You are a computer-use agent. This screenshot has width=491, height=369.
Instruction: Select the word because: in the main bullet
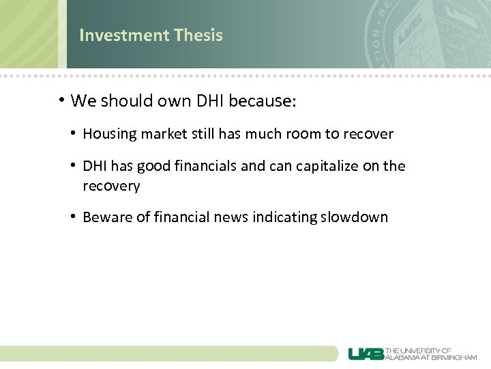(x=263, y=102)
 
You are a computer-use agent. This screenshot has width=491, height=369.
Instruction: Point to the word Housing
(x=109, y=135)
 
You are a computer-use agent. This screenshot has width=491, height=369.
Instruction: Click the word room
(x=302, y=135)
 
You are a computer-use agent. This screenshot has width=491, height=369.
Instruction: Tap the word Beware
(x=106, y=218)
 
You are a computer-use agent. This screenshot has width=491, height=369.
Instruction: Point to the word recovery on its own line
(x=111, y=186)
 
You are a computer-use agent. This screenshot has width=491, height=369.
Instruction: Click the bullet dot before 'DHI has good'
(x=73, y=166)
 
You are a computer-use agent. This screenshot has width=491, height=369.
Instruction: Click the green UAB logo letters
(x=366, y=353)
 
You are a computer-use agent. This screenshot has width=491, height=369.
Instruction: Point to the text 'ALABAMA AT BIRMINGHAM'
(x=432, y=357)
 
